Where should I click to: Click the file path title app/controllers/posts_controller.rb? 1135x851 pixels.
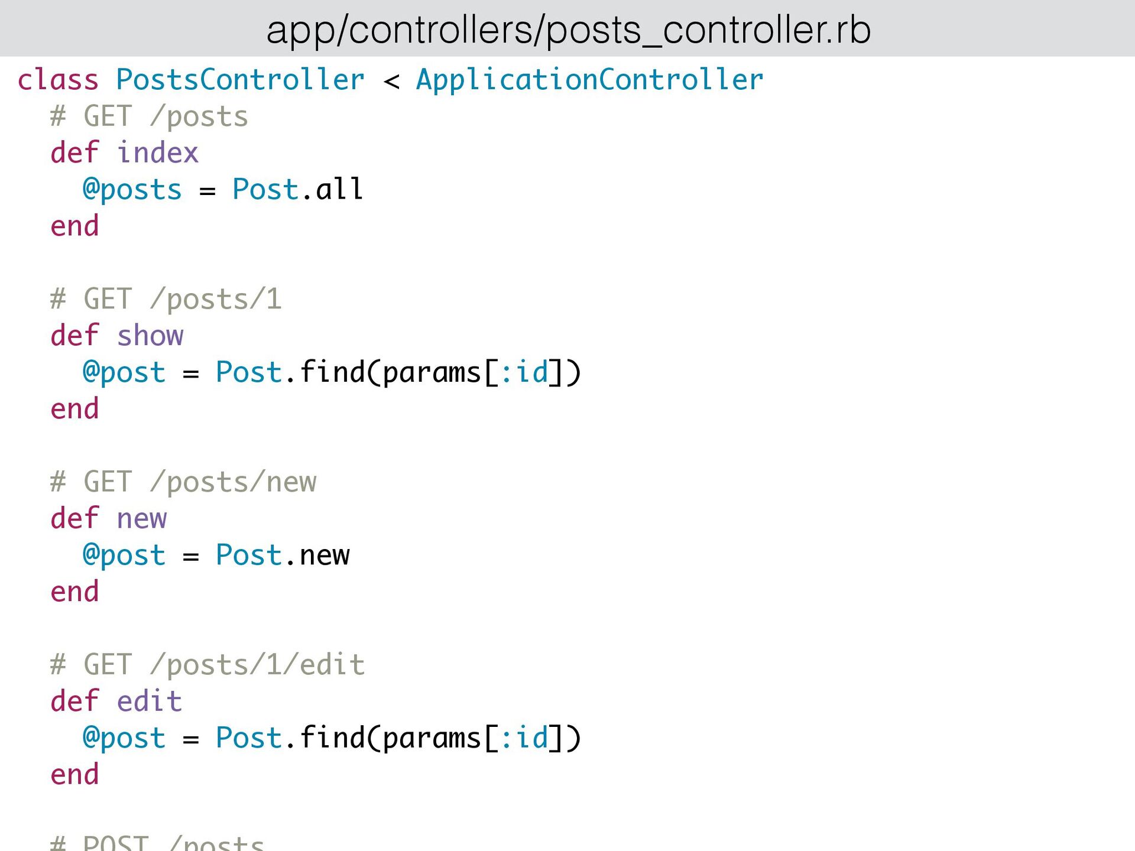[x=568, y=30]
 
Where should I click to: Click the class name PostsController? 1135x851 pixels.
[x=240, y=80]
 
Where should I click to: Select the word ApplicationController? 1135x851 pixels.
[x=589, y=80]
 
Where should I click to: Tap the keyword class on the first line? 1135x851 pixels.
[x=58, y=80]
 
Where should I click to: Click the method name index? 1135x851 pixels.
[x=157, y=153]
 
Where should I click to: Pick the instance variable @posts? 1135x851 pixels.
[x=132, y=190]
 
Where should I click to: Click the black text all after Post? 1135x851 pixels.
[x=339, y=189]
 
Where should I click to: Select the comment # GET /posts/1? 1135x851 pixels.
[x=166, y=299]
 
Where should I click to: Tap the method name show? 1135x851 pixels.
[x=150, y=336]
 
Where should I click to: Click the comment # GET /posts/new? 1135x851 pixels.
[x=183, y=482]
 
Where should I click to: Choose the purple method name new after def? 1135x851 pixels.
[x=142, y=519]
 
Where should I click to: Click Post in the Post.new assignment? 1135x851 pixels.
[x=248, y=555]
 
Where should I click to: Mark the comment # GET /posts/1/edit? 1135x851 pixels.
[x=207, y=665]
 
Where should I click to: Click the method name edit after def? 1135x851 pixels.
[x=150, y=701]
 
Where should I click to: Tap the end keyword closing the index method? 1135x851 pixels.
[x=74, y=226]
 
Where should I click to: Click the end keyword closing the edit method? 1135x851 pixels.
[x=74, y=775]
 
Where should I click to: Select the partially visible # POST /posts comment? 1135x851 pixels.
[x=157, y=842]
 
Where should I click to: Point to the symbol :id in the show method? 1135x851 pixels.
[x=524, y=372]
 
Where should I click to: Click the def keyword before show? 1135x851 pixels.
[x=74, y=336]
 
